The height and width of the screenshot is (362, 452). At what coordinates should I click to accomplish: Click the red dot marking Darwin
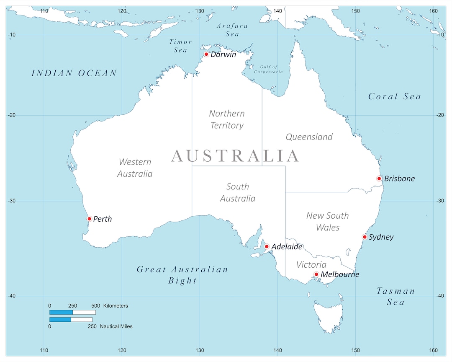pos(206,54)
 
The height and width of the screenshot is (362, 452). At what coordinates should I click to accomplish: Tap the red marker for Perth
pos(89,219)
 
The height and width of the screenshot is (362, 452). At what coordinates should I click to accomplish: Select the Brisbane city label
pos(399,178)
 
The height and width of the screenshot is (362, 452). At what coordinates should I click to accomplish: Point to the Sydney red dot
pos(365,237)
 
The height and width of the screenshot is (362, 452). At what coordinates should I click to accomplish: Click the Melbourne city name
pos(340,274)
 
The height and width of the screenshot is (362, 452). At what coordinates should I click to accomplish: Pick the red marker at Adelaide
pos(267,246)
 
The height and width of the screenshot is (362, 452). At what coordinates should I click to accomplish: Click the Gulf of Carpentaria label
pos(268,70)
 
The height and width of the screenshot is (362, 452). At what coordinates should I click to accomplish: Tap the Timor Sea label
pos(180,46)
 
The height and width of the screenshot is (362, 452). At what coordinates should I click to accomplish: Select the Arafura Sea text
pos(232,30)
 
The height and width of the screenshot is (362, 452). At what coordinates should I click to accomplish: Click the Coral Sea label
pos(394,97)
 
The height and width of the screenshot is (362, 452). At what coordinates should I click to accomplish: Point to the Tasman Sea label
pos(395,296)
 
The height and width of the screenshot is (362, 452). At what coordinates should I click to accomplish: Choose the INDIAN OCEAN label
pos(74,73)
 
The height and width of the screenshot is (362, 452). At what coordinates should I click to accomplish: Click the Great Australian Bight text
pos(182,275)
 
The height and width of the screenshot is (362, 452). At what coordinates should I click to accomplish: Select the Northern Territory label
pos(227,119)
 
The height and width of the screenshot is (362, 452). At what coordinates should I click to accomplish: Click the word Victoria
pos(311,265)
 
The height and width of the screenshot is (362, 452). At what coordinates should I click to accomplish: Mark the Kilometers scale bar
pos(72,312)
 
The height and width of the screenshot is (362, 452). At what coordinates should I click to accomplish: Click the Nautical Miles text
pos(116,326)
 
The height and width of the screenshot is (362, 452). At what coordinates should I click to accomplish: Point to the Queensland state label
pos(309,137)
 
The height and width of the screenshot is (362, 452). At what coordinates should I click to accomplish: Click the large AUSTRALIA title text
pos(235,156)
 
